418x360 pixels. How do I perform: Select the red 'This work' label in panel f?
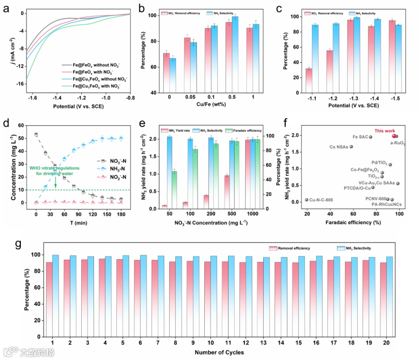tap(384, 131)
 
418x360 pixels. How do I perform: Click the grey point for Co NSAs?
tap(351, 147)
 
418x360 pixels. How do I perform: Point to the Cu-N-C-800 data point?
tap(307, 200)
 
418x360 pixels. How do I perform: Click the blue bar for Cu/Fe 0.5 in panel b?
tap(235, 55)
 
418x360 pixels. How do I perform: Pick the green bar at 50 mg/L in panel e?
tap(174, 190)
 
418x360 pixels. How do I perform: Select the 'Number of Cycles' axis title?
tap(219, 352)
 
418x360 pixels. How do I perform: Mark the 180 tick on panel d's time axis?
tap(121, 213)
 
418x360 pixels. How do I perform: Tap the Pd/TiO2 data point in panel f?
tap(390, 165)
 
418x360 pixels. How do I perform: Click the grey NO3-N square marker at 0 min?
tap(36, 134)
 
